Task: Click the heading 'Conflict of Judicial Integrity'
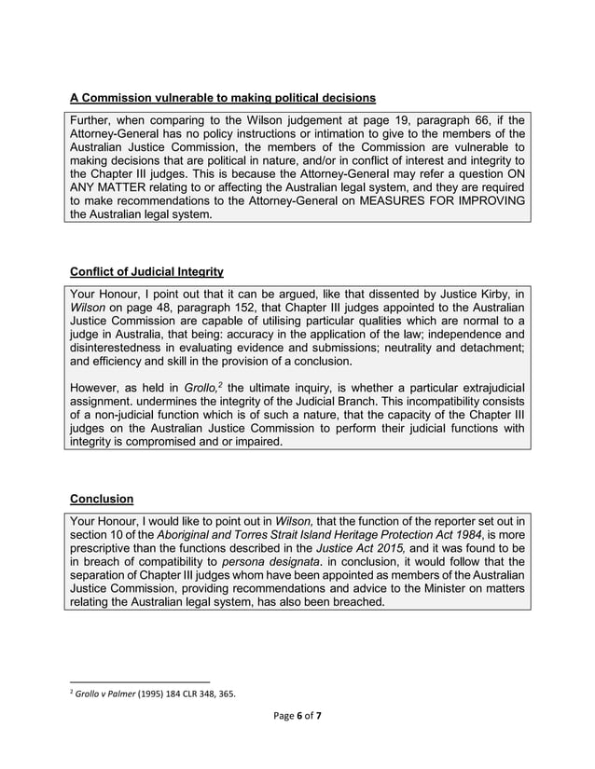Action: point(146,272)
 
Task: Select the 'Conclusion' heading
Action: point(102,498)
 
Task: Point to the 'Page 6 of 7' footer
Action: point(297,716)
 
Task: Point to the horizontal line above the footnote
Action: point(140,681)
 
